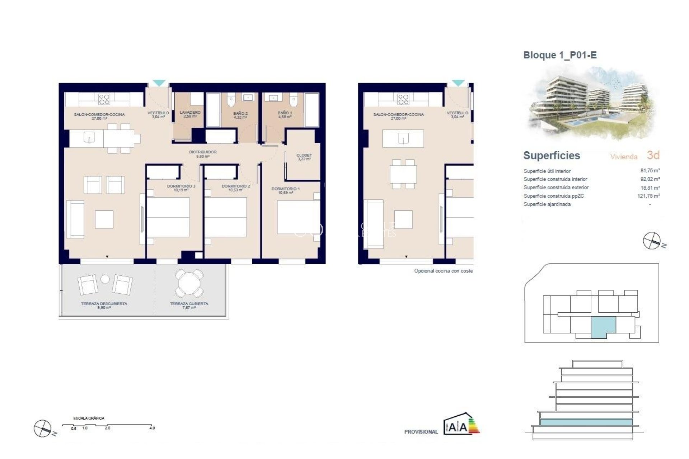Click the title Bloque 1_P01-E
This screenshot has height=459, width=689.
tap(560, 55)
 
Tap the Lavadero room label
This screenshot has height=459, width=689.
tap(190, 114)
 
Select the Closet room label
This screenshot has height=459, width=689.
tap(304, 157)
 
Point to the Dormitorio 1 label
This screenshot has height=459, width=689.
tap(286, 190)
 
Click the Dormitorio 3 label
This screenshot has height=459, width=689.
tap(181, 188)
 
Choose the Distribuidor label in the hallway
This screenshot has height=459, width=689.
tap(203, 154)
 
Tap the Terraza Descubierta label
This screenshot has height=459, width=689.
tap(104, 305)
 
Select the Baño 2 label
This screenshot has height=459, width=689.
tap(240, 115)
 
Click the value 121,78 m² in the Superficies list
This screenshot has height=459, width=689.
tap(648, 196)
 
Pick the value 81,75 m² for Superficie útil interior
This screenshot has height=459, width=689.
tap(650, 171)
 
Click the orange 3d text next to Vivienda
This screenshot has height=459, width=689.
tap(653, 155)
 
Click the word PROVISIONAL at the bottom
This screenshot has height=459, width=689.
tap(421, 432)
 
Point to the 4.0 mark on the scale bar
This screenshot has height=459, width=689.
tap(152, 428)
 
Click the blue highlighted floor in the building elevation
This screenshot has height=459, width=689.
tap(586, 422)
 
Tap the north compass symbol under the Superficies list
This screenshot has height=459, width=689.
tap(652, 241)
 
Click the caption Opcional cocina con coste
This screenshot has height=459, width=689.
tap(443, 271)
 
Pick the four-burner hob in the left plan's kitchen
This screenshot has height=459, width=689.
tap(104, 99)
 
